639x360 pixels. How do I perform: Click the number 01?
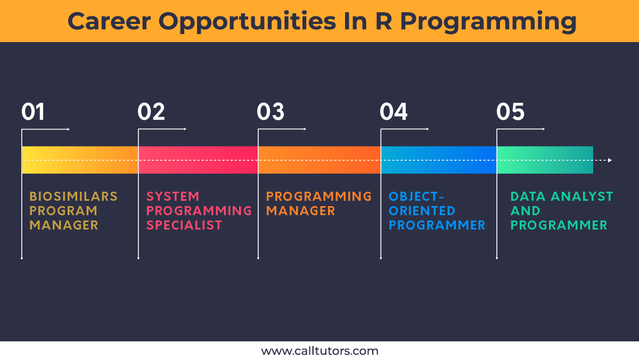coord(33,111)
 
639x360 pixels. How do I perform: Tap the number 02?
coord(151,111)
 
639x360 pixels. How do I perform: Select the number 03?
coord(271,111)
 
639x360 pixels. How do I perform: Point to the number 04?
coord(394,111)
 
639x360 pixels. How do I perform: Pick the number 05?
coord(510,111)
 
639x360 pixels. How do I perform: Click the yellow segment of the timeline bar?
coord(80,160)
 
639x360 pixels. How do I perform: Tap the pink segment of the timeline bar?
coord(198,160)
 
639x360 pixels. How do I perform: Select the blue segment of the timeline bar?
coord(439,160)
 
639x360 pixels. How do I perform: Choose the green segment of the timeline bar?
coord(545,160)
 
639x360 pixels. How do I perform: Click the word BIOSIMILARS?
coord(73,197)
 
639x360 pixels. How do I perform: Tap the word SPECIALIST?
coord(184,225)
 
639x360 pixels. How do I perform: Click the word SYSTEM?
coord(173,197)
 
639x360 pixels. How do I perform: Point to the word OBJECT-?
coord(416,197)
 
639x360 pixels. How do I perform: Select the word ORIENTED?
coord(422,211)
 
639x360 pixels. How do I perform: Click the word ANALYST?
coord(582,197)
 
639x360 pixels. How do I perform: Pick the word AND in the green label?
coord(525,211)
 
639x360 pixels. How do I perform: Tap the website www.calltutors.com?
coord(320,351)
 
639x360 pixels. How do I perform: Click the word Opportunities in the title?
coord(247,22)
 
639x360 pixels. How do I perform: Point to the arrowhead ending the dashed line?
coord(610,160)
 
